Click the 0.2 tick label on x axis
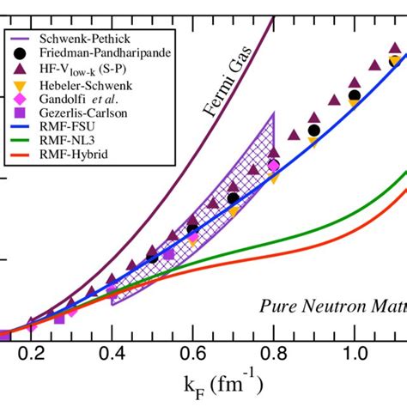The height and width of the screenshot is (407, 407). pyautogui.click(x=30, y=354)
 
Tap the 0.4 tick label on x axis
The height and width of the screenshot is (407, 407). pyautogui.click(x=112, y=354)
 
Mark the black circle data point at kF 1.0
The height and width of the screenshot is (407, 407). pyautogui.click(x=355, y=95)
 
